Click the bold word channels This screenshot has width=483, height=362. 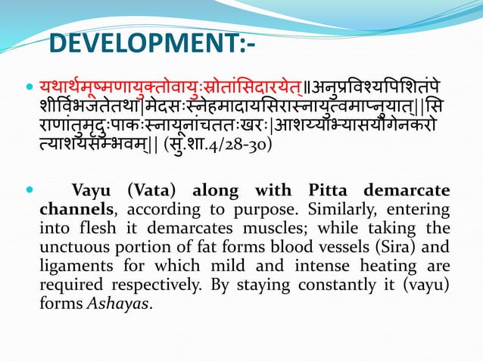pyautogui.click(x=79, y=208)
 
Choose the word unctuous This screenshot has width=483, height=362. pyautogui.click(x=83, y=247)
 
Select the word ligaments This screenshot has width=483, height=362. pyautogui.click(x=86, y=266)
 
